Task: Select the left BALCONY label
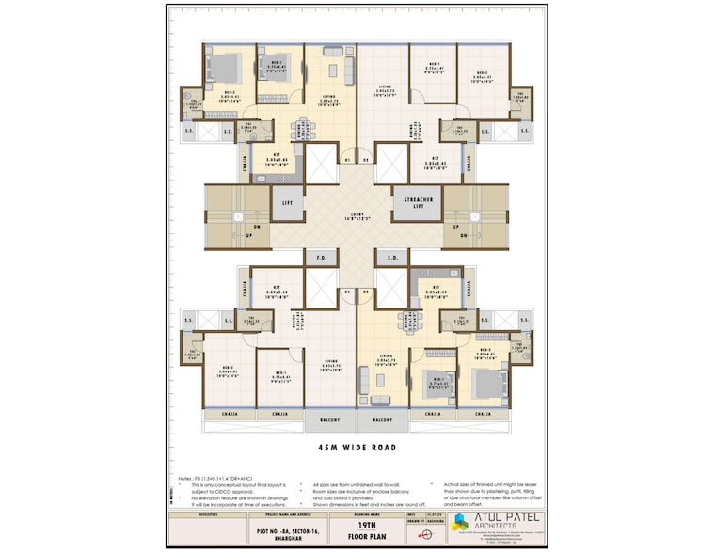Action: pos(330,420)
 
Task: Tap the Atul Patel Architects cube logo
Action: pos(458,523)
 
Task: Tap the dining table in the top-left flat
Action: pos(305,127)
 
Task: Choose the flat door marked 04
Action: pos(346,292)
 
